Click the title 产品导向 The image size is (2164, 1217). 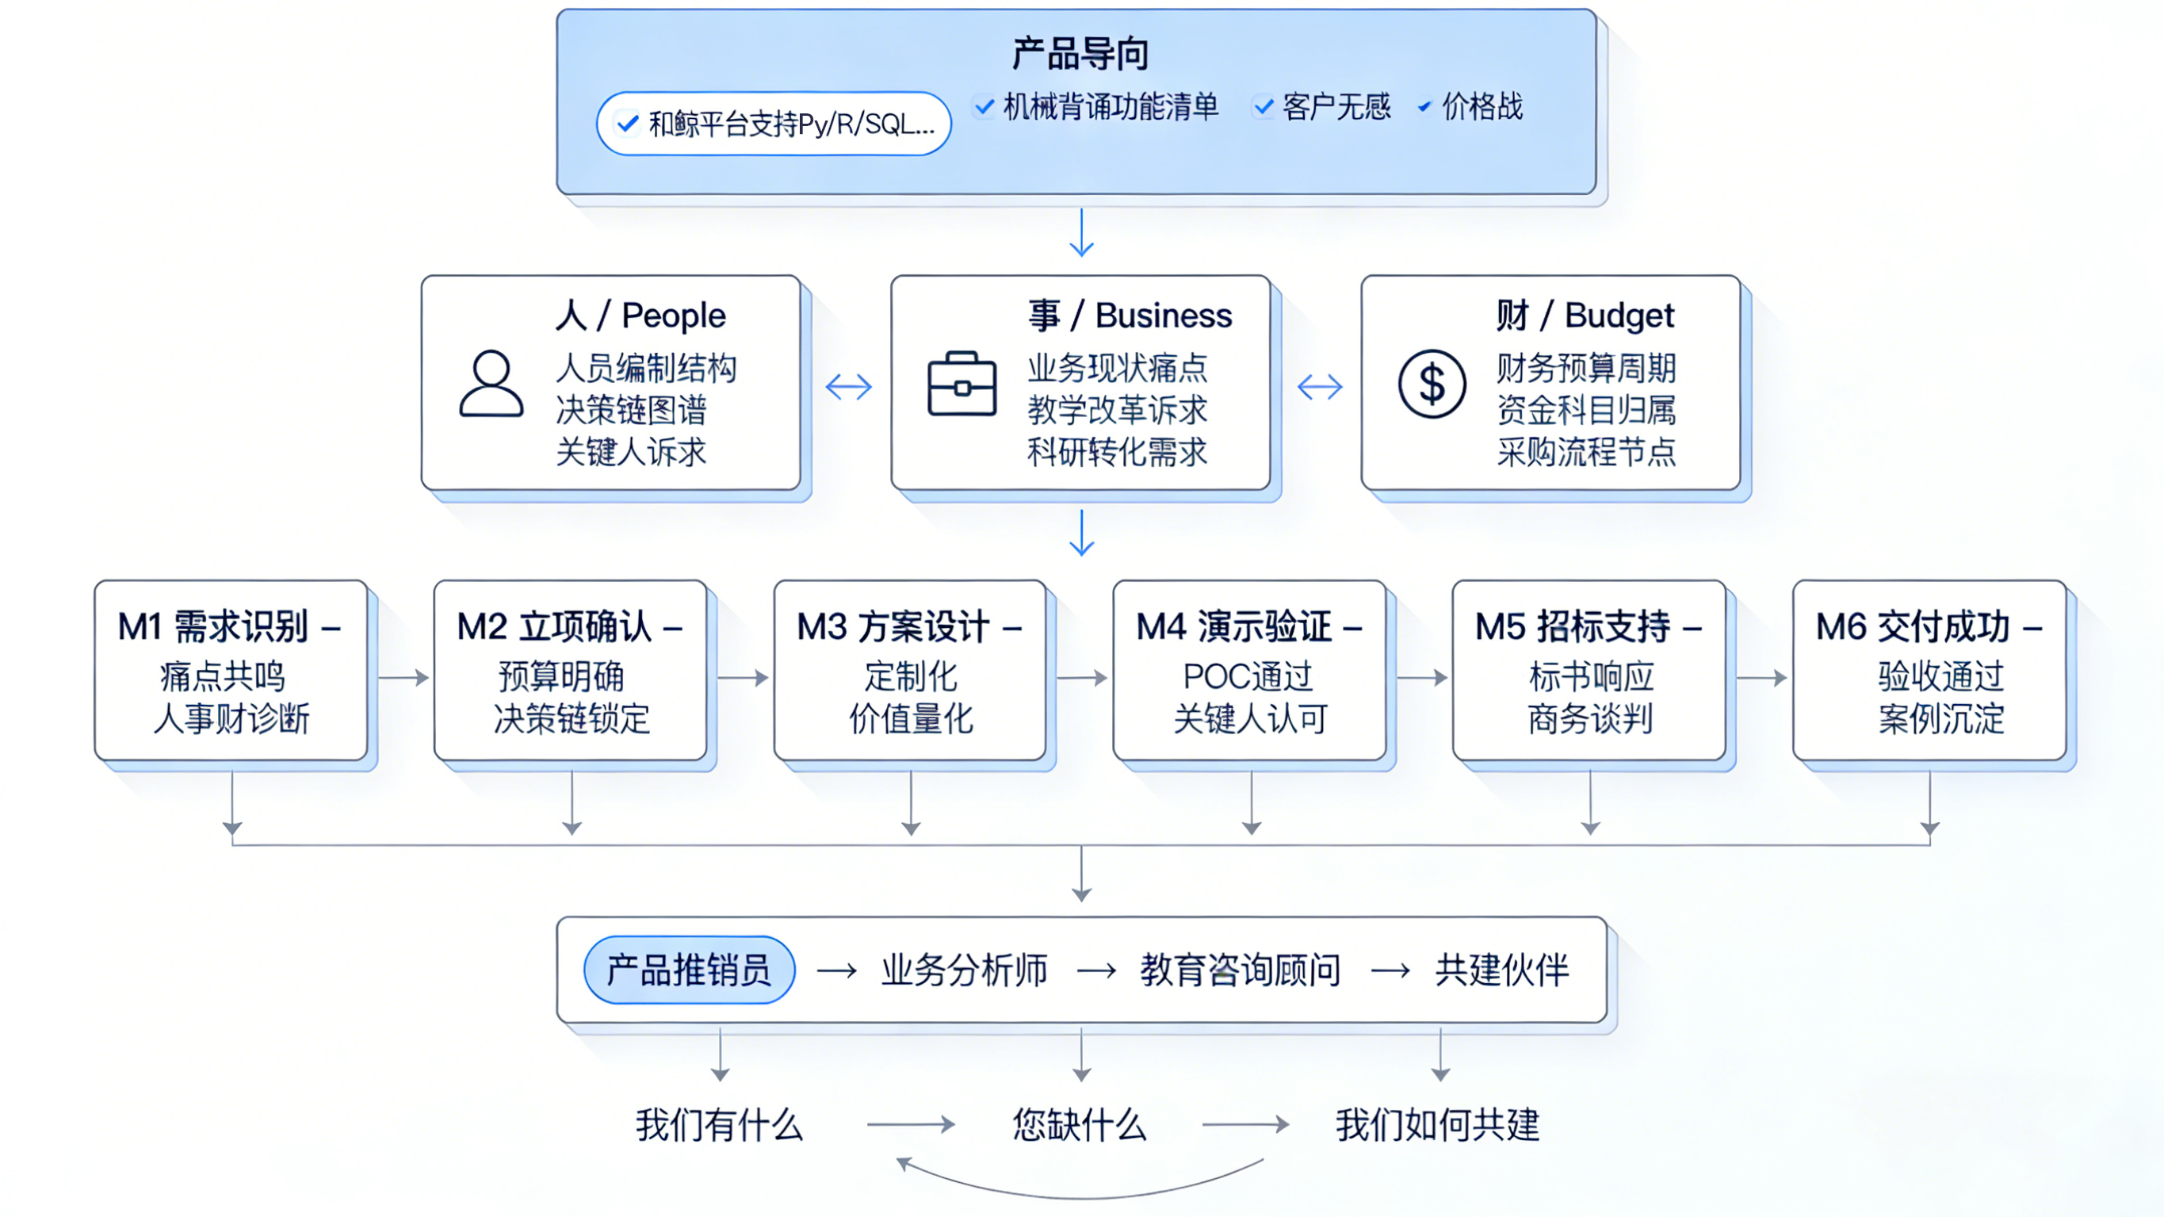point(1080,55)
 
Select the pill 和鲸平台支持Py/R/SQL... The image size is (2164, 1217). point(773,124)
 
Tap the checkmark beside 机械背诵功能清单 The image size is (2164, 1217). point(984,107)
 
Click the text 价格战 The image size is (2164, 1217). point(1481,107)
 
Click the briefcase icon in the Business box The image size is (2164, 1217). point(962,385)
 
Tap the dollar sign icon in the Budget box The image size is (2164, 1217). point(1432,385)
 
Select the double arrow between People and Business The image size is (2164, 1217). point(848,387)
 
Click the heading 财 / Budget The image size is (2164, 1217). point(1585,316)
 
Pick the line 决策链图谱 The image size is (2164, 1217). point(631,410)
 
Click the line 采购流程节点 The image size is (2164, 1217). point(1585,452)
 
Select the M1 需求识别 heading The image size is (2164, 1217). point(228,627)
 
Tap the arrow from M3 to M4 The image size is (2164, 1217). point(1081,677)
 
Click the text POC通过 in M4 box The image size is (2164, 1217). point(1248,675)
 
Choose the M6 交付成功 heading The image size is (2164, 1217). point(1928,627)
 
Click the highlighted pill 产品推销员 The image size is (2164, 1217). point(689,970)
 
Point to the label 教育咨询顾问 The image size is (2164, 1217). point(1239,970)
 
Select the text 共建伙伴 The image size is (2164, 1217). point(1501,970)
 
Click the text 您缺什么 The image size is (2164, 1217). point(1079,1124)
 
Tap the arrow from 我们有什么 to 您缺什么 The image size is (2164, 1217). point(911,1124)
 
